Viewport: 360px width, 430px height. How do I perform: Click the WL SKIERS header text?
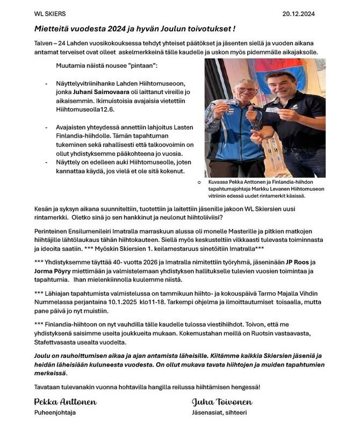35,13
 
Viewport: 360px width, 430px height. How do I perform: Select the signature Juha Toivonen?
222,402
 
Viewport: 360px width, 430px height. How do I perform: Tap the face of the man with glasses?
234,90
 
